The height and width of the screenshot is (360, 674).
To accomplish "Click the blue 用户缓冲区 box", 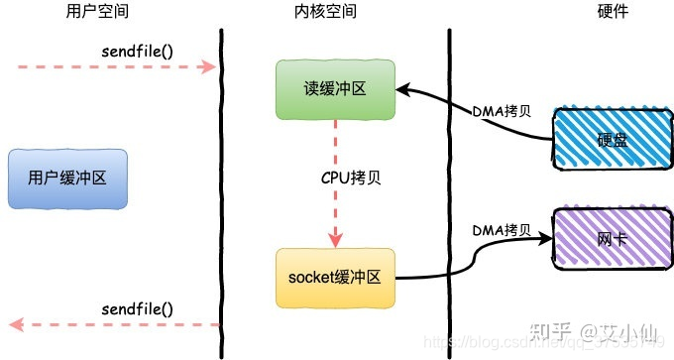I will pyautogui.click(x=65, y=180).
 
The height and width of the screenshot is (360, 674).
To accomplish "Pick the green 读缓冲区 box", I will pyautogui.click(x=335, y=89).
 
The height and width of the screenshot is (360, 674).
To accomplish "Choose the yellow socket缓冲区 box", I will pyautogui.click(x=335, y=277).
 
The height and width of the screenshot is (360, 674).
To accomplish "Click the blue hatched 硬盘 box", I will pyautogui.click(x=613, y=140).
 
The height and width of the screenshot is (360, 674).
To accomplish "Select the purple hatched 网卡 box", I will pyautogui.click(x=613, y=239).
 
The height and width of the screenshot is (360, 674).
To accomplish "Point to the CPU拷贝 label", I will pyautogui.click(x=336, y=181).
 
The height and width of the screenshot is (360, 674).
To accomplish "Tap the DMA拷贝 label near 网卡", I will pyautogui.click(x=503, y=231).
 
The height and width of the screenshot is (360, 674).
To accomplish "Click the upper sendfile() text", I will pyautogui.click(x=138, y=50).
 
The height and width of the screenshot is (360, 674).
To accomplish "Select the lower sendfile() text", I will pyautogui.click(x=138, y=309).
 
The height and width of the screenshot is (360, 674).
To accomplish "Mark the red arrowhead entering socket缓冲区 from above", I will pyautogui.click(x=335, y=242).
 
